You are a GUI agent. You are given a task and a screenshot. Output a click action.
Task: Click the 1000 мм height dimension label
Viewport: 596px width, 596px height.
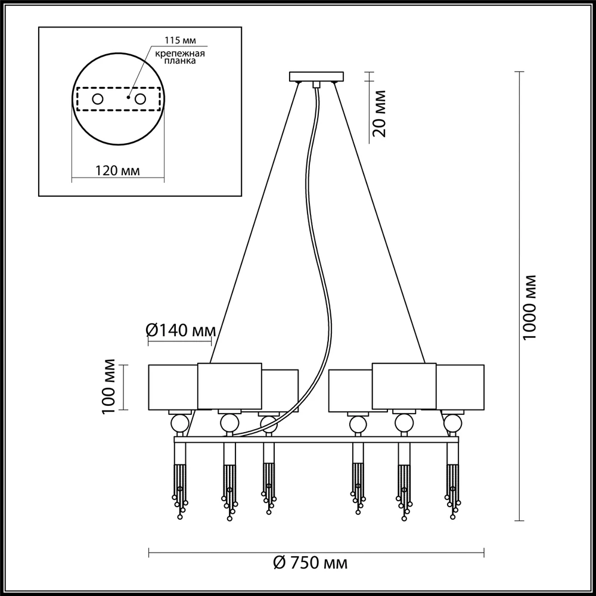click(x=529, y=307)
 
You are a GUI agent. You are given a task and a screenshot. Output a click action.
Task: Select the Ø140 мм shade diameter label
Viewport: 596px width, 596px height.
click(x=181, y=331)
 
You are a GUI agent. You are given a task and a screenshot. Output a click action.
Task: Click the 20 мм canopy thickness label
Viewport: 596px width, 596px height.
click(x=379, y=113)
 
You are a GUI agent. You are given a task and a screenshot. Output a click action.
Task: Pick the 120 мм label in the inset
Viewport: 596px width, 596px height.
click(x=117, y=170)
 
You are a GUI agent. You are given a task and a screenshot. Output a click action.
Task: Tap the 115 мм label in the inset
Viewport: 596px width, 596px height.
click(x=180, y=41)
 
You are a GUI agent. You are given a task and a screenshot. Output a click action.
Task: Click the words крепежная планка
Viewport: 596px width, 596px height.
click(x=180, y=57)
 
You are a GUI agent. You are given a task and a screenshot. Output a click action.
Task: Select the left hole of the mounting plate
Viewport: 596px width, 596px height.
click(x=98, y=99)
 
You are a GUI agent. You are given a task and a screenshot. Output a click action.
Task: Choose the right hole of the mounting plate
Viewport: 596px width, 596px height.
click(x=140, y=99)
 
